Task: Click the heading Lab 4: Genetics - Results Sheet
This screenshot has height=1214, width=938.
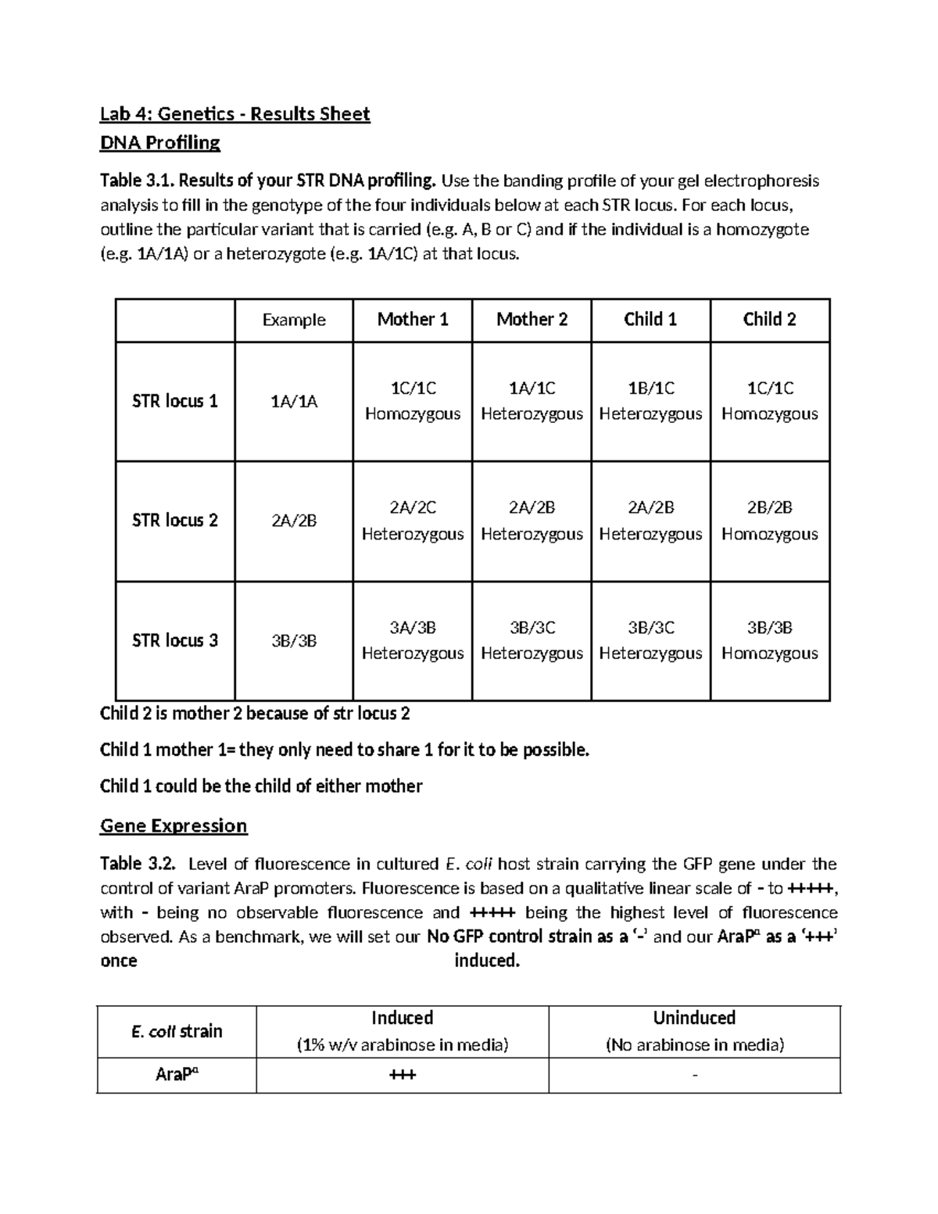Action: pos(234,114)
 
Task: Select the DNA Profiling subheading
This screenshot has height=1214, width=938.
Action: pos(160,142)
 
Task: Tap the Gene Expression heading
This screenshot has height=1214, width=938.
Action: pos(174,825)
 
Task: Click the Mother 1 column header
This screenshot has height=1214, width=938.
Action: pos(413,319)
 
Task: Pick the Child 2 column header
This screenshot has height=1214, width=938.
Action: pos(769,319)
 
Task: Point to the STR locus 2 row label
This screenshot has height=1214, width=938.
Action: pos(175,520)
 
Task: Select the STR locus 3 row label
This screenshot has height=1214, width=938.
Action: pos(175,640)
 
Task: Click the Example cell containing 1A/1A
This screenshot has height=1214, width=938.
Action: pos(294,402)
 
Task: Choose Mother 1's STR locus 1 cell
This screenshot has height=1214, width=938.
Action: pos(413,401)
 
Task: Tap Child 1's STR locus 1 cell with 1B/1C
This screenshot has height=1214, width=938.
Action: pos(650,401)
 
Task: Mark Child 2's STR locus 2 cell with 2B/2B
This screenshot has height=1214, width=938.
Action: pos(769,521)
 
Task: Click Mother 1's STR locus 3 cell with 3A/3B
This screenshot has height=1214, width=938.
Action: pos(413,640)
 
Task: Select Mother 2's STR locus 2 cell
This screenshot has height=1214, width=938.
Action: pos(532,521)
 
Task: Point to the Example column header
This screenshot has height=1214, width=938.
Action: pos(294,320)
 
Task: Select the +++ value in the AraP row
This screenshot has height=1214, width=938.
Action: pos(402,1075)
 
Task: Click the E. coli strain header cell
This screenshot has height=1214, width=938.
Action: pos(177,1031)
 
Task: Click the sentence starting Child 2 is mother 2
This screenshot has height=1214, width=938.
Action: pos(255,713)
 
